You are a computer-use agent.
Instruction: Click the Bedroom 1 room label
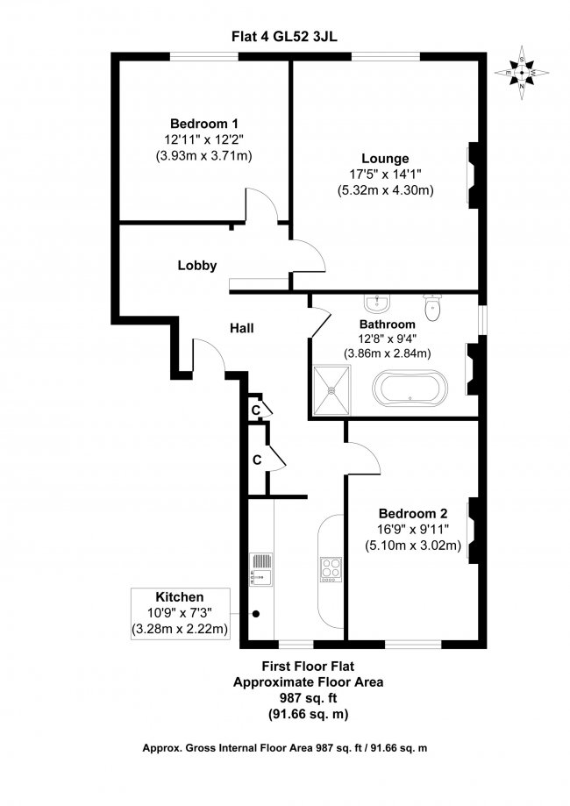pyautogui.click(x=203, y=124)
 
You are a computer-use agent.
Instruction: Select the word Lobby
pyautogui.click(x=196, y=265)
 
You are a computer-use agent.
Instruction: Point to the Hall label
pyautogui.click(x=242, y=328)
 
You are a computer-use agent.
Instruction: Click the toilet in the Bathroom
pyautogui.click(x=431, y=307)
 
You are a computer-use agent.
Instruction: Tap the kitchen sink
pyautogui.click(x=261, y=567)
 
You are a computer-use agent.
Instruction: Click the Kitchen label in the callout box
pyautogui.click(x=180, y=596)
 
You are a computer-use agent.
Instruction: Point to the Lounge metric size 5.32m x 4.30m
pyautogui.click(x=386, y=189)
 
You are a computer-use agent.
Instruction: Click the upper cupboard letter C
pyautogui.click(x=256, y=410)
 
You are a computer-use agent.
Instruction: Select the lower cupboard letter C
pyautogui.click(x=257, y=459)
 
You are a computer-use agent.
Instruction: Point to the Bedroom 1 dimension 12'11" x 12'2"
pyautogui.click(x=203, y=139)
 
